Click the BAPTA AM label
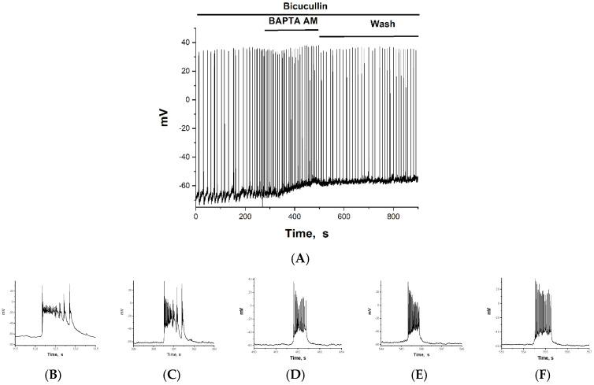pyautogui.click(x=291, y=24)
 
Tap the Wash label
pyautogui.click(x=384, y=24)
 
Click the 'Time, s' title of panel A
pyautogui.click(x=307, y=234)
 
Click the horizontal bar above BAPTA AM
pyautogui.click(x=291, y=30)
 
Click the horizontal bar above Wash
pyautogui.click(x=368, y=36)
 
